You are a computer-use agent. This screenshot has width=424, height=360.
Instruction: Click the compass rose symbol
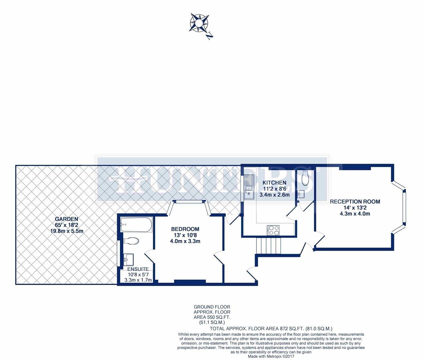(199, 23)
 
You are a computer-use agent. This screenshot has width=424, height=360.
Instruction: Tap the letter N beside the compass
(210, 36)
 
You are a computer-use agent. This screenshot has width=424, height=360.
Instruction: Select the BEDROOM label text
(185, 229)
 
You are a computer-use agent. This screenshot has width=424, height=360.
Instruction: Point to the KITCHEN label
(274, 183)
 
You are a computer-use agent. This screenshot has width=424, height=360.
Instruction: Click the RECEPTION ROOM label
(355, 202)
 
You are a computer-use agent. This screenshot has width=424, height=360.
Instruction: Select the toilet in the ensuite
(131, 241)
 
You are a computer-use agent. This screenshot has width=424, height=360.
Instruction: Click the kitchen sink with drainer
(249, 187)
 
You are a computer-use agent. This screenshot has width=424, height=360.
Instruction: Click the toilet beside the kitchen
(305, 178)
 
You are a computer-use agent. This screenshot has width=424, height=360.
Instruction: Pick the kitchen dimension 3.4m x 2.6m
(274, 195)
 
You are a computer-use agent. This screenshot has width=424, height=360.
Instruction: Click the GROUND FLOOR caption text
(212, 307)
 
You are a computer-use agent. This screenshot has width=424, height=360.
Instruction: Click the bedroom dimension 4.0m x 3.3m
(185, 241)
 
